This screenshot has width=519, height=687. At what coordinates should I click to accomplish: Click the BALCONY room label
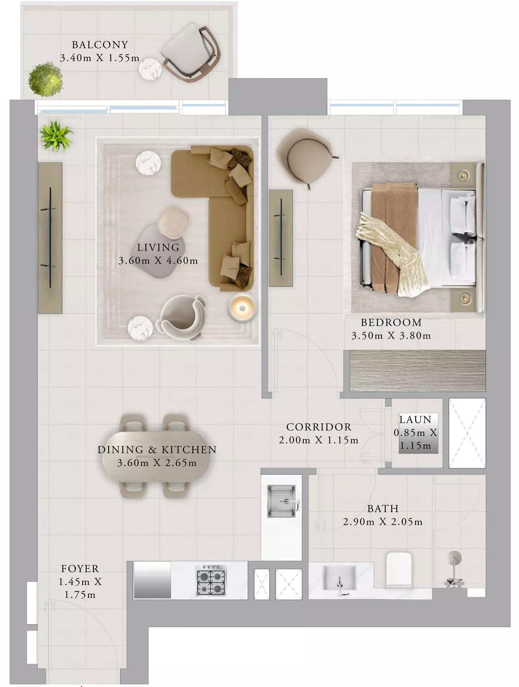click(x=100, y=45)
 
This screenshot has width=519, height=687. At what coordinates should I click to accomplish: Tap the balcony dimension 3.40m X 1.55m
click(x=100, y=58)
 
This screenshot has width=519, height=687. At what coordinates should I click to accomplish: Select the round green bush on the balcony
click(x=45, y=79)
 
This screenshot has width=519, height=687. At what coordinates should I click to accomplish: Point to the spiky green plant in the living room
click(x=56, y=136)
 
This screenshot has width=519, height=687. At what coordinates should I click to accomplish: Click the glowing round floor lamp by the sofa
click(x=242, y=307)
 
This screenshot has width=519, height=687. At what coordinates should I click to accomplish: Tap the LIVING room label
click(x=158, y=247)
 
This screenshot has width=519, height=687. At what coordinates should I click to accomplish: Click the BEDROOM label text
click(x=391, y=322)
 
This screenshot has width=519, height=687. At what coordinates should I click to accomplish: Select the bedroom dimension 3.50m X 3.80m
click(x=391, y=336)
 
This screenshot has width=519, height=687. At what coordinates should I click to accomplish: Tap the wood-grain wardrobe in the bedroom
click(x=417, y=371)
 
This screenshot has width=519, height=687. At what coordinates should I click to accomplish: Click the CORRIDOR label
click(x=319, y=427)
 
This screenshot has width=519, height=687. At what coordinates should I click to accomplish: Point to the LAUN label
click(x=415, y=420)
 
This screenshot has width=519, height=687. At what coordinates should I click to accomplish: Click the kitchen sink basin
click(x=282, y=501)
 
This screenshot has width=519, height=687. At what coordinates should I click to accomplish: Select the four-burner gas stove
click(x=211, y=581)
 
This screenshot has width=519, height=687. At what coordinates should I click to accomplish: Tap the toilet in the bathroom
click(x=399, y=569)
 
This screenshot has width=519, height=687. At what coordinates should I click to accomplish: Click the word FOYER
click(x=80, y=569)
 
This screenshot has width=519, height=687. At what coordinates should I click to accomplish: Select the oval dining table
click(x=156, y=456)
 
